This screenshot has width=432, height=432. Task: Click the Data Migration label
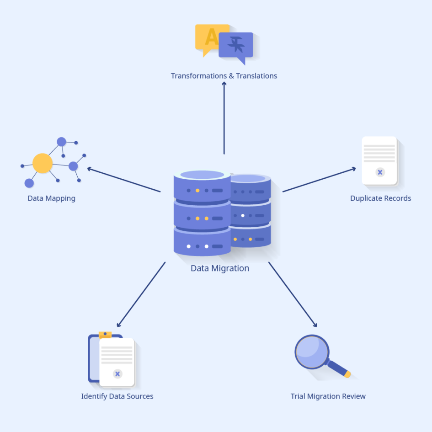220,268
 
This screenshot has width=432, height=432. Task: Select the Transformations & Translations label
224,76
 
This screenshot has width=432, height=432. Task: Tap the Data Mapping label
51,198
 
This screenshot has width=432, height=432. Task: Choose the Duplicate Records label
380,198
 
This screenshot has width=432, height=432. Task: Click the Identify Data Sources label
117,396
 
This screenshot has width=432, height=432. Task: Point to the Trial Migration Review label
328,396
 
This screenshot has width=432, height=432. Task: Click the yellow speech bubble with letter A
208,37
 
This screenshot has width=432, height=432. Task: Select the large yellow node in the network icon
43,163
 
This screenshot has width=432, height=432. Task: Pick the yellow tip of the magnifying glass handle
347,374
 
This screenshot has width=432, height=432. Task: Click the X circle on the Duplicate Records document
380,172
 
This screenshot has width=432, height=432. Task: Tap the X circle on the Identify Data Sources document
117,374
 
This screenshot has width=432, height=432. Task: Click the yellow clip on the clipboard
105,335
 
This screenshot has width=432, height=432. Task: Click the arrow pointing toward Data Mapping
123,180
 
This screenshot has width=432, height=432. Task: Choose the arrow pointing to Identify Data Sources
141,295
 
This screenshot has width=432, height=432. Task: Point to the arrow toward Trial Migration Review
293,295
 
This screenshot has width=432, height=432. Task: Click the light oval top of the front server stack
202,175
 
